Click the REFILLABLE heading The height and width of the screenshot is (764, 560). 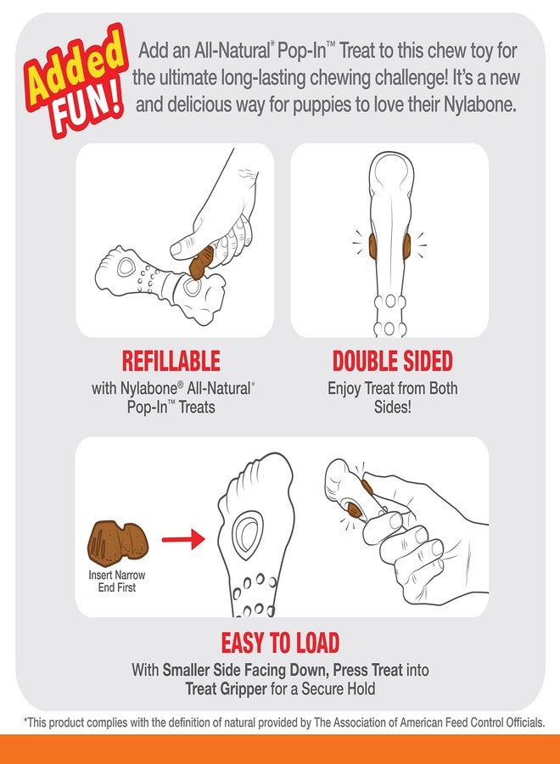point(171,361)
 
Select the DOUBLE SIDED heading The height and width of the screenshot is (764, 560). point(392,361)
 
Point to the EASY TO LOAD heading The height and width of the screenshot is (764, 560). point(281,641)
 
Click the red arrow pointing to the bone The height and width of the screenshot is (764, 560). point(183,538)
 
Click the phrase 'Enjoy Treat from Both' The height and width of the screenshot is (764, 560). point(392,388)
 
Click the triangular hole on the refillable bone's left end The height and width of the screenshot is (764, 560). point(128,267)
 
